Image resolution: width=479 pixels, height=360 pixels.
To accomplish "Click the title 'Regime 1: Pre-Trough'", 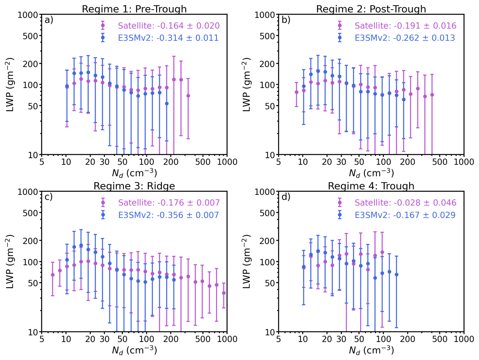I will [x=134, y=9].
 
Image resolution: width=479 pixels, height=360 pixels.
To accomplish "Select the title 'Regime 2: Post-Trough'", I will [x=371, y=9].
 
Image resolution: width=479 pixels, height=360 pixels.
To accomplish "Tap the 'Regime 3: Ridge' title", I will [x=134, y=186].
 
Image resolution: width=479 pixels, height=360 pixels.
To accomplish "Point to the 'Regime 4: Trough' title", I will [x=371, y=186].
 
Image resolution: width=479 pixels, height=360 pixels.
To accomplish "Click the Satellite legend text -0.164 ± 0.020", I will [x=169, y=26].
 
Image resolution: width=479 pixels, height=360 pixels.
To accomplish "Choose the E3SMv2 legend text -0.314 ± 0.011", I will [x=168, y=38].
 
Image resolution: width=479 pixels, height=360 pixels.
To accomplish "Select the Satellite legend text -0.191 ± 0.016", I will [x=405, y=26].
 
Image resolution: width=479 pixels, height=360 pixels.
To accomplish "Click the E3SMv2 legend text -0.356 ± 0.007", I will [x=168, y=215].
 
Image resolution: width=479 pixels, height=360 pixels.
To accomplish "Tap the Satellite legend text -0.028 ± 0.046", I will [x=405, y=203].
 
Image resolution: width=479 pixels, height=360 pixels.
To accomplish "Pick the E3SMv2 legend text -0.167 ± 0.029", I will [x=405, y=215].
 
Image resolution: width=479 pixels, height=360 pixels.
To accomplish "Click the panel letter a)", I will [x=49, y=20].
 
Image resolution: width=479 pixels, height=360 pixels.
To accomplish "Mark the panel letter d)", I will [x=286, y=197].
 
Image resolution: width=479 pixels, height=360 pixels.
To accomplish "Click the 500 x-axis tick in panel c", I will [x=203, y=339].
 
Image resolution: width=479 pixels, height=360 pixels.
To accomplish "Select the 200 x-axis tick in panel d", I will [x=407, y=339].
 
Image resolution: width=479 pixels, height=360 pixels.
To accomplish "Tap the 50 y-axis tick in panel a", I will [x=33, y=106].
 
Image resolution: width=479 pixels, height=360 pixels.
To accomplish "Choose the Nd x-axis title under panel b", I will [x=371, y=173].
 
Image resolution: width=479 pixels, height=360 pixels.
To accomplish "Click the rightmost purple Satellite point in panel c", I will [x=224, y=293].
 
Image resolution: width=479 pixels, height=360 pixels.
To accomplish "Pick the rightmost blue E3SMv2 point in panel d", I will [x=396, y=275].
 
